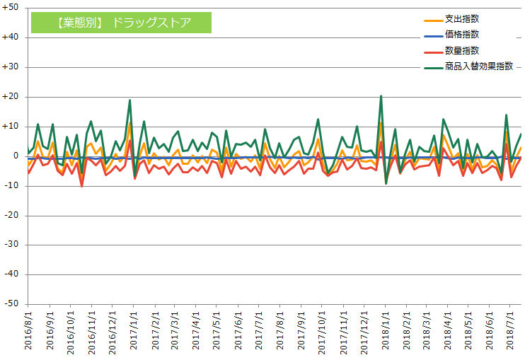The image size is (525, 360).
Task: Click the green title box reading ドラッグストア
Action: pyautogui.click(x=121, y=22)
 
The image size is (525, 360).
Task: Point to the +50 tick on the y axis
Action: pyautogui.click(x=11, y=8)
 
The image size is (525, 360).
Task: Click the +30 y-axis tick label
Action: pyautogui.click(x=11, y=67)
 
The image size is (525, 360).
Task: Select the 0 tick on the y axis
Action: pyautogui.click(x=16, y=156)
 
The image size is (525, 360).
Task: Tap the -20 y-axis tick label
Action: pyautogui.click(x=11, y=215)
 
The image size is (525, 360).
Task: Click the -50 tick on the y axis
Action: pyautogui.click(x=11, y=303)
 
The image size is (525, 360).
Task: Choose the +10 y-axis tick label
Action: pyautogui.click(x=11, y=126)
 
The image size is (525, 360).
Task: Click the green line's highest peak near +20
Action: pyautogui.click(x=381, y=96)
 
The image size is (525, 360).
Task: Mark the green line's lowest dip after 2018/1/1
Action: pyautogui.click(x=386, y=183)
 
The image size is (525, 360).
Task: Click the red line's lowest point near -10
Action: pyautogui.click(x=81, y=186)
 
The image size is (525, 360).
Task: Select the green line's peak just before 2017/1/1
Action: pyautogui.click(x=129, y=100)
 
